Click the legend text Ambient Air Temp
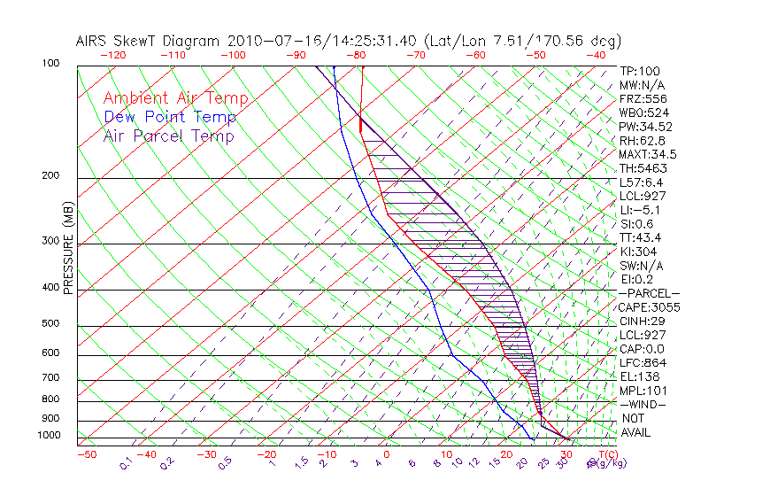tap(175, 99)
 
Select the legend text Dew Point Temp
tap(170, 118)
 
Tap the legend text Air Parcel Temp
tap(168, 136)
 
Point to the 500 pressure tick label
tap(50, 325)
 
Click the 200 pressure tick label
tap(50, 176)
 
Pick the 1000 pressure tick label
tap(48, 436)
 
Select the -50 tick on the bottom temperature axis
tap(86, 455)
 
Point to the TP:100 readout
tap(639, 72)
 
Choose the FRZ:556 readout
tap(642, 99)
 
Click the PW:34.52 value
tap(645, 127)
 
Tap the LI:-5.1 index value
tap(641, 210)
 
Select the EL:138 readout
tap(638, 376)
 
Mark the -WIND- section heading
tap(643, 404)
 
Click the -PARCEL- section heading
tap(650, 293)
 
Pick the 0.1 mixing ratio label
tap(126, 462)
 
